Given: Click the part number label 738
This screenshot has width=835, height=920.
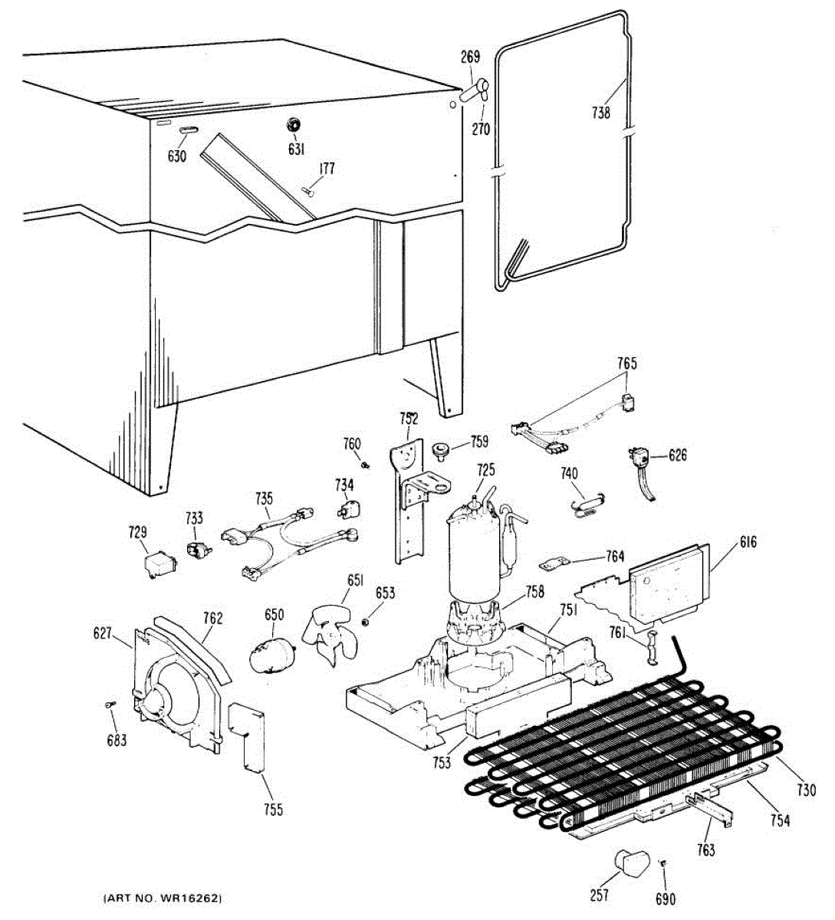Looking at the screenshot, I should (601, 113).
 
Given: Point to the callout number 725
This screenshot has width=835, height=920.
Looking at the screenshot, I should (485, 470).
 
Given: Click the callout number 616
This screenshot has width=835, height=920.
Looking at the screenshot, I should (748, 543).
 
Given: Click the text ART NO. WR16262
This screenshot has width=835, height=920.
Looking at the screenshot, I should (163, 898).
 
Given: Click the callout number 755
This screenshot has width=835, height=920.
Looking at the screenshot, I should (272, 809).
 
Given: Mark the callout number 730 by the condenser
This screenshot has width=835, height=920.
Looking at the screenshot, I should (805, 790).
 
